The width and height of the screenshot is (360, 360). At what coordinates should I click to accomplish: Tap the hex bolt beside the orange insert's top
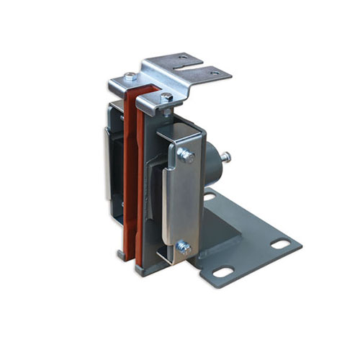point(166,96)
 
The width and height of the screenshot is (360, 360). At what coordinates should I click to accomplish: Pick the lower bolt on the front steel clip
point(184,247)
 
